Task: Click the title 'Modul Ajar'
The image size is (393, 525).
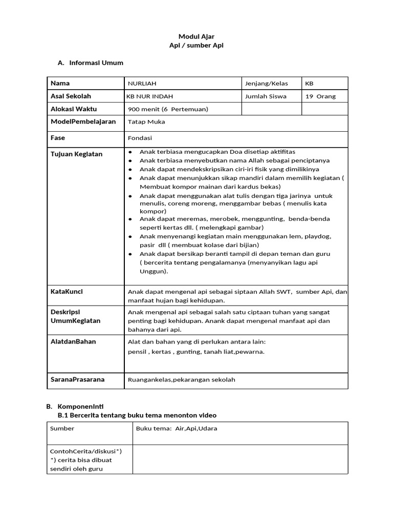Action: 196,36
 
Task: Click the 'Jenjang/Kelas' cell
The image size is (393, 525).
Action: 267,84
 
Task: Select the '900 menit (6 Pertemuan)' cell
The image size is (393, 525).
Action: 168,109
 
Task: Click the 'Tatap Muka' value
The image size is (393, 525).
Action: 146,122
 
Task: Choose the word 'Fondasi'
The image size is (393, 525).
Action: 140,138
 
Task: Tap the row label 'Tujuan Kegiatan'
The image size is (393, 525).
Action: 76,154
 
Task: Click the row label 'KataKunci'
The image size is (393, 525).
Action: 67,291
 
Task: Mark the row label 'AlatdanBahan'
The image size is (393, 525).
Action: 73,341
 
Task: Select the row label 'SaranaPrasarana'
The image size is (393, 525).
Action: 77,379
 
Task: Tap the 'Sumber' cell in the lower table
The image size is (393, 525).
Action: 62,429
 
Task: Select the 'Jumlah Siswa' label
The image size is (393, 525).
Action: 266,96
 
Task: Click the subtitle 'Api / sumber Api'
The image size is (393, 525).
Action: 196,46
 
